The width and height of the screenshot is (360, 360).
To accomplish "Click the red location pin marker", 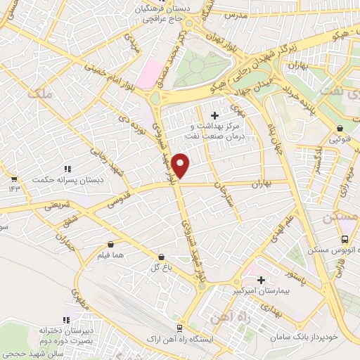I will coord(181,165).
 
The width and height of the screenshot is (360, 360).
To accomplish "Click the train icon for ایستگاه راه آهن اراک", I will coord(180,327).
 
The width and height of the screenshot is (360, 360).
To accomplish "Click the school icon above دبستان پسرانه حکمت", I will coord(67,169).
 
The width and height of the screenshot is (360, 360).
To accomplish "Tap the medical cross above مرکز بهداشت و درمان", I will coord(214,115).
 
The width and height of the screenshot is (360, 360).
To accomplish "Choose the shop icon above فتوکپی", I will coord(340,129).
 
